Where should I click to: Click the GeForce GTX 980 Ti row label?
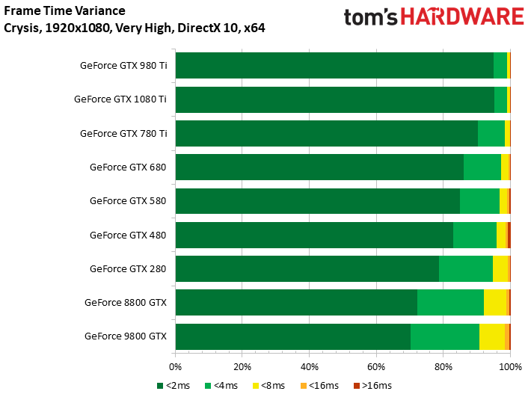click(x=123, y=65)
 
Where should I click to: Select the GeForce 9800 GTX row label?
click(x=126, y=336)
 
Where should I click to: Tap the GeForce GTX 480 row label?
click(x=128, y=235)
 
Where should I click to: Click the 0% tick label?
click(x=175, y=367)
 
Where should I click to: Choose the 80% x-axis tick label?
click(x=443, y=367)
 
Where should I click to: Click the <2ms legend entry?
click(x=174, y=386)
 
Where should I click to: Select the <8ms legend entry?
click(x=269, y=386)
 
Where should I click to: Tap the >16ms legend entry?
click(x=373, y=386)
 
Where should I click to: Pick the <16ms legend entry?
click(x=319, y=386)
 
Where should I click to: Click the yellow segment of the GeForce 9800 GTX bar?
click(x=492, y=336)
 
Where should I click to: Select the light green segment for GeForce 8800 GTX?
click(x=451, y=302)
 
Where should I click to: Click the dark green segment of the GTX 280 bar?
click(x=307, y=268)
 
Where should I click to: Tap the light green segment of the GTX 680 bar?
click(x=482, y=167)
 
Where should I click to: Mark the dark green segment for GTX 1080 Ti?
click(x=335, y=99)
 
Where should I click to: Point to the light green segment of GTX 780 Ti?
click(x=491, y=133)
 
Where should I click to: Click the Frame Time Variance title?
click(x=64, y=10)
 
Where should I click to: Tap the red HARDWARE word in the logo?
click(x=462, y=16)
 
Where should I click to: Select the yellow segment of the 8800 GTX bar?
click(x=495, y=302)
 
